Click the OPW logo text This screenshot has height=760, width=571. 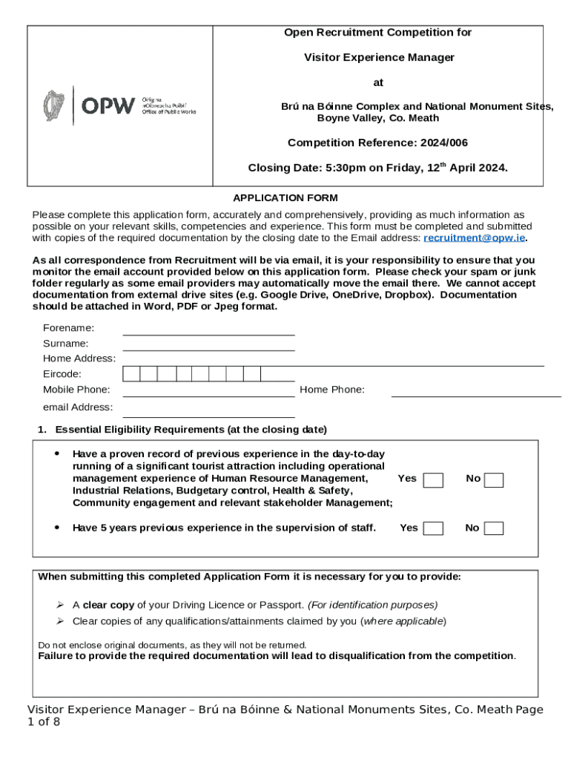[108, 105]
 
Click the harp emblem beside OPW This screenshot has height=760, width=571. [54, 105]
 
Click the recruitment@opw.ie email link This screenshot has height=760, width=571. [474, 237]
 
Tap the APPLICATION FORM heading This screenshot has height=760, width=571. [285, 197]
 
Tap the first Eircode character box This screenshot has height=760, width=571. [131, 374]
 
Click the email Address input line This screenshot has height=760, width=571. [208, 410]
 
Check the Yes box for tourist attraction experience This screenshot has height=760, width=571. [433, 480]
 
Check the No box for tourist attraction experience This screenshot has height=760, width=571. [494, 480]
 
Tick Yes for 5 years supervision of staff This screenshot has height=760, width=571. [433, 528]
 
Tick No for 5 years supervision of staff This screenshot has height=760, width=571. [494, 528]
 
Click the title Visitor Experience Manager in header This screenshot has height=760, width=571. [378, 57]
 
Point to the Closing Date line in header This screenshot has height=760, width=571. [377, 168]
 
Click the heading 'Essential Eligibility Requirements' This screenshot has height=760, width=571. [191, 430]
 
